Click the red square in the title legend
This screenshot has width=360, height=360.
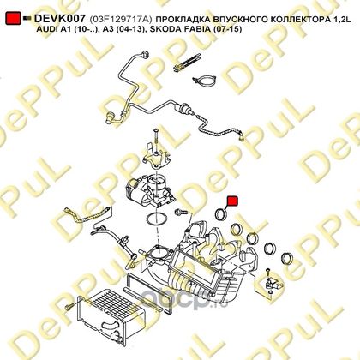click(13, 18)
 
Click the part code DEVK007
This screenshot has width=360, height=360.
click(59, 19)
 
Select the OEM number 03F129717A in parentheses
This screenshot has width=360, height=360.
click(121, 19)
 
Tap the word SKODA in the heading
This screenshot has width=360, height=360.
click(162, 29)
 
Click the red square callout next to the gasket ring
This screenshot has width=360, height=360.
click(232, 201)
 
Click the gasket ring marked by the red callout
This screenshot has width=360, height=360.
click(221, 214)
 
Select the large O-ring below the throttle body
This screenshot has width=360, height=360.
click(157, 219)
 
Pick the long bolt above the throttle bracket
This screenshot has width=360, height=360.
click(156, 136)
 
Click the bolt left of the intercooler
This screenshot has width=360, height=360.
click(69, 308)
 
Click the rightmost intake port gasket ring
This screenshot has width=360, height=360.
click(286, 259)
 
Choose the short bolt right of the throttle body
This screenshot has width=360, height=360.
click(181, 212)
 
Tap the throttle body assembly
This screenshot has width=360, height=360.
click(150, 191)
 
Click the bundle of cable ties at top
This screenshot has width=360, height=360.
click(187, 64)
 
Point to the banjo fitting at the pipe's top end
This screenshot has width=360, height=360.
click(145, 55)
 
